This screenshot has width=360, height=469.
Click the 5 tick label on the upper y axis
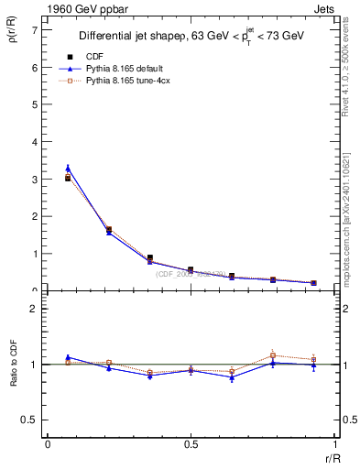tap(33, 104)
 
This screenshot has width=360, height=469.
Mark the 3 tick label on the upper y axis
tap(33, 180)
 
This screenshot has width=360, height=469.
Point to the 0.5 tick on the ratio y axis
tap(28, 420)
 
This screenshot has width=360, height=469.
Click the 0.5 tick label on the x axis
tap(191, 445)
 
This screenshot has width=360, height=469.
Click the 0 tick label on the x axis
tap(48, 445)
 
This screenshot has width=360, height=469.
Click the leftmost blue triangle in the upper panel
tap(68, 169)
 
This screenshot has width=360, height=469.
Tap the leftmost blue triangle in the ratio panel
tap(68, 357)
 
